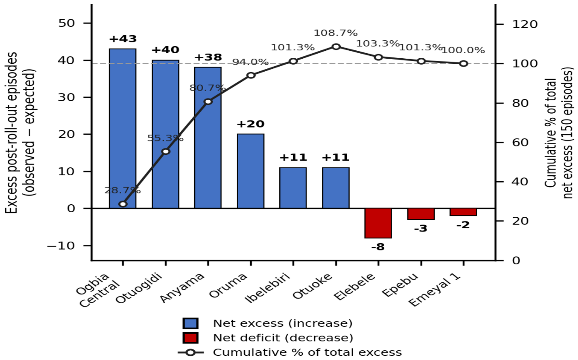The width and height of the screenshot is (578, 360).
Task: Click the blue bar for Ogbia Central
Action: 123,128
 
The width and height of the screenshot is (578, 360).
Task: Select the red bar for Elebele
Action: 378,223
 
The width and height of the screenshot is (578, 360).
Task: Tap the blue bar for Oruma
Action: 251,171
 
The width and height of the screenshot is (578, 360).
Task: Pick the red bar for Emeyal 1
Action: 463,212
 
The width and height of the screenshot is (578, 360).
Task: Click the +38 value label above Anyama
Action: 208,57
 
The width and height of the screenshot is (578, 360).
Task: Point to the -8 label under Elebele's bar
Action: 378,247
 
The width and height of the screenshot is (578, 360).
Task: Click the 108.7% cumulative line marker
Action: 336,47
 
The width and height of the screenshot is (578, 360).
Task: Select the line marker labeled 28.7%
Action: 123,204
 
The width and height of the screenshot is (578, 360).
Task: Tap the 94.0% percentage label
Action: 251,62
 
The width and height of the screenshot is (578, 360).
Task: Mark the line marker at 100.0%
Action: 463,64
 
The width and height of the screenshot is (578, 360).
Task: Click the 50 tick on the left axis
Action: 66,23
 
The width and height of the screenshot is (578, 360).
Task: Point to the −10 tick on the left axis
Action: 61,246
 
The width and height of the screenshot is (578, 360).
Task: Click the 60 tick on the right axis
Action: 521,142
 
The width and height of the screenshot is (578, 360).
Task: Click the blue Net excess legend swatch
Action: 191,323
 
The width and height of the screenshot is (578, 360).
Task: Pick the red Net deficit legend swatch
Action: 191,338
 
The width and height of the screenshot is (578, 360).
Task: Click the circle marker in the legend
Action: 191,352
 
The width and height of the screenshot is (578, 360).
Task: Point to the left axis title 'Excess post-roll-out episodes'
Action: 11,133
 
